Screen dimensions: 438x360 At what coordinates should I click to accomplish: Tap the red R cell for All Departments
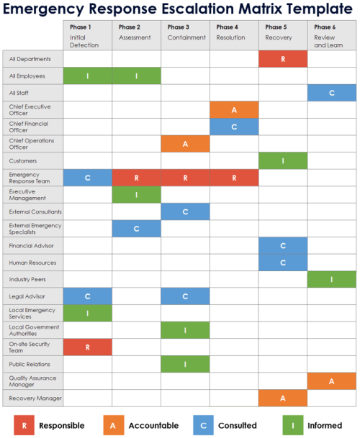coord(283,59)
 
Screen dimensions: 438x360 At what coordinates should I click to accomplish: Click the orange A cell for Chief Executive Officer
coord(234,109)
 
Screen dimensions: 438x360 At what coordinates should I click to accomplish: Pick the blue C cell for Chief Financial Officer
coord(234,127)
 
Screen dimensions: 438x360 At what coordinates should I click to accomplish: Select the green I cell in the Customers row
coord(283,161)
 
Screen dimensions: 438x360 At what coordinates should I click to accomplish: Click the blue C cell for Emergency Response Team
coord(87,178)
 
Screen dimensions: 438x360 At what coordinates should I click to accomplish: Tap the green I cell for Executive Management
coord(136,194)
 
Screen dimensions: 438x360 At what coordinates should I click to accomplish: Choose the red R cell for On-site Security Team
coord(87,347)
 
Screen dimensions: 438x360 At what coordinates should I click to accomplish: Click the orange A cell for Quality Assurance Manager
coord(332,380)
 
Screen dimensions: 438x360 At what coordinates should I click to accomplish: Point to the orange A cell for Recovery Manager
coord(283,398)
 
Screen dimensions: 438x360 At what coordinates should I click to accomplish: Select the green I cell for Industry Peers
coord(332,279)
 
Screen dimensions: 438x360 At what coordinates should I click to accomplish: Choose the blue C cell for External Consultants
coord(185,211)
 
